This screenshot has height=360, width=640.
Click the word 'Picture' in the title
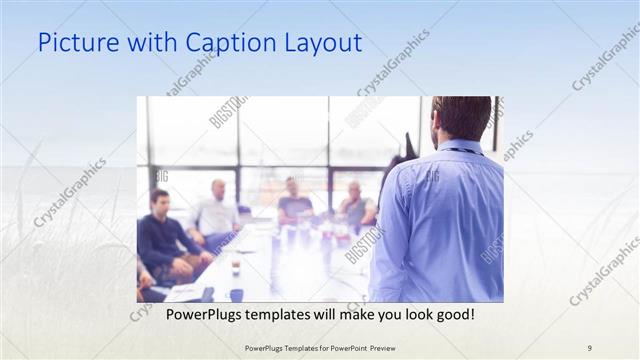(x=74, y=44)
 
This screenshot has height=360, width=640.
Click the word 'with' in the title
(x=150, y=44)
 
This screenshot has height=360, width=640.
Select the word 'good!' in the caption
(x=452, y=314)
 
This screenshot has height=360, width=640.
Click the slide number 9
(x=590, y=347)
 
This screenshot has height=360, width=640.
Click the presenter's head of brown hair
(x=463, y=115)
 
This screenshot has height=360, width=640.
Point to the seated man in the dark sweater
(x=162, y=240)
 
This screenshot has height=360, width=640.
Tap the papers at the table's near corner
(x=187, y=291)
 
